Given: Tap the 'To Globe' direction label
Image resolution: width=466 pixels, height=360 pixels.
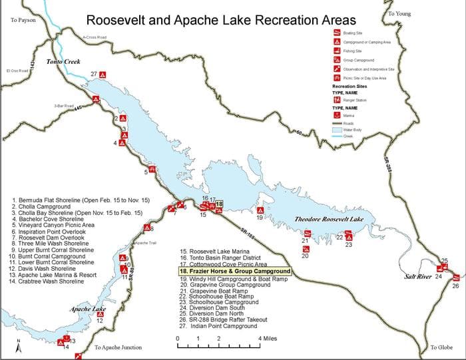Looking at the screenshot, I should (441, 348).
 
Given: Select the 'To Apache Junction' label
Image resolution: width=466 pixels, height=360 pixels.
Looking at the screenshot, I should (118, 348).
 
